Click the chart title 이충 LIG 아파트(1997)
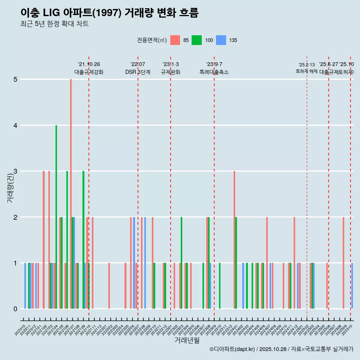(x=109, y=13)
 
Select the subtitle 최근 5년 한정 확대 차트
(x=54, y=24)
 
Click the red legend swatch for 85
(x=175, y=40)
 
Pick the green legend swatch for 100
(x=196, y=40)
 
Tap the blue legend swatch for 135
(x=221, y=40)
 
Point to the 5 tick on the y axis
(x=15, y=79)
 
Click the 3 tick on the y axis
(x=15, y=171)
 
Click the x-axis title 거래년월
(x=187, y=340)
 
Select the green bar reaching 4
(x=56, y=217)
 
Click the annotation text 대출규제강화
(x=89, y=72)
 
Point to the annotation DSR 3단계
(x=138, y=72)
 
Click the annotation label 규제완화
(x=171, y=72)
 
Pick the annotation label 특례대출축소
(x=214, y=72)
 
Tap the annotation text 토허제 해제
(x=307, y=71)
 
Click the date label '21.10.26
(x=89, y=64)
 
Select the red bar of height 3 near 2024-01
(x=234, y=240)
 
